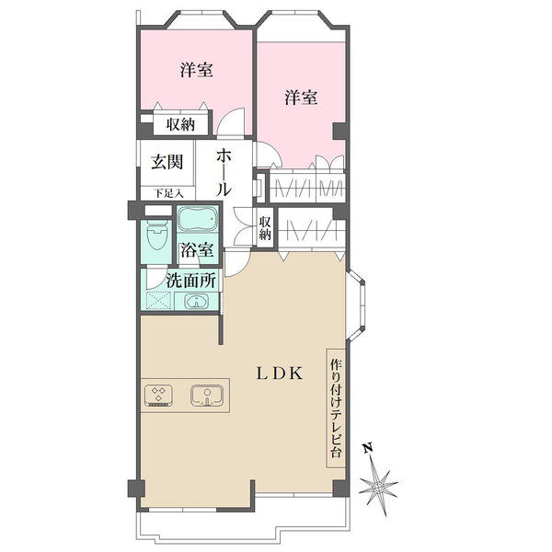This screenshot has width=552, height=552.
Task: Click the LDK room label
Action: [x=279, y=374]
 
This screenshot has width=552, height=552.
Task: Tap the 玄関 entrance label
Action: [x=167, y=162]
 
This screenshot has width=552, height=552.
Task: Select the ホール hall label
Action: [x=224, y=172]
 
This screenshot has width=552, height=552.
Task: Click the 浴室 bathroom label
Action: [x=197, y=249]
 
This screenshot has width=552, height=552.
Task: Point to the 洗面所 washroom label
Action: [x=190, y=281]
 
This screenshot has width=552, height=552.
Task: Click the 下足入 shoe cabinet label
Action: [x=169, y=193]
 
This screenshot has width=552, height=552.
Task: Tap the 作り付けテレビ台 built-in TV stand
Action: [x=336, y=408]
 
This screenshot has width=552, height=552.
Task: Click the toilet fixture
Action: [x=156, y=235]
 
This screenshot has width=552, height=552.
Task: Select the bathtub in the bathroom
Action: [x=198, y=219]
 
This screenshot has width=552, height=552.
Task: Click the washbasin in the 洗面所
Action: [x=196, y=302]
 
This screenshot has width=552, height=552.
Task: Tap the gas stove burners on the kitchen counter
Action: [x=159, y=396]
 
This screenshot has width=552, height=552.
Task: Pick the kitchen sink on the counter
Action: [x=207, y=396]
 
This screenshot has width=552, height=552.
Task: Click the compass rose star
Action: [x=378, y=488]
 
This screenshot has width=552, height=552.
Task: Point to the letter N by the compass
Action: [x=368, y=448]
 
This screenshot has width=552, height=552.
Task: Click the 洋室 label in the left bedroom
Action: [x=197, y=70]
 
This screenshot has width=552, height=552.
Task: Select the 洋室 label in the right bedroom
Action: [x=301, y=98]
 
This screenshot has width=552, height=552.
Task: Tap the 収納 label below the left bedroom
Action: [x=180, y=124]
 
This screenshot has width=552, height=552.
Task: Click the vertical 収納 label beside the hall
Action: [x=265, y=228]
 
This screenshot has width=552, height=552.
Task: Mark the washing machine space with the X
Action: [x=158, y=301]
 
